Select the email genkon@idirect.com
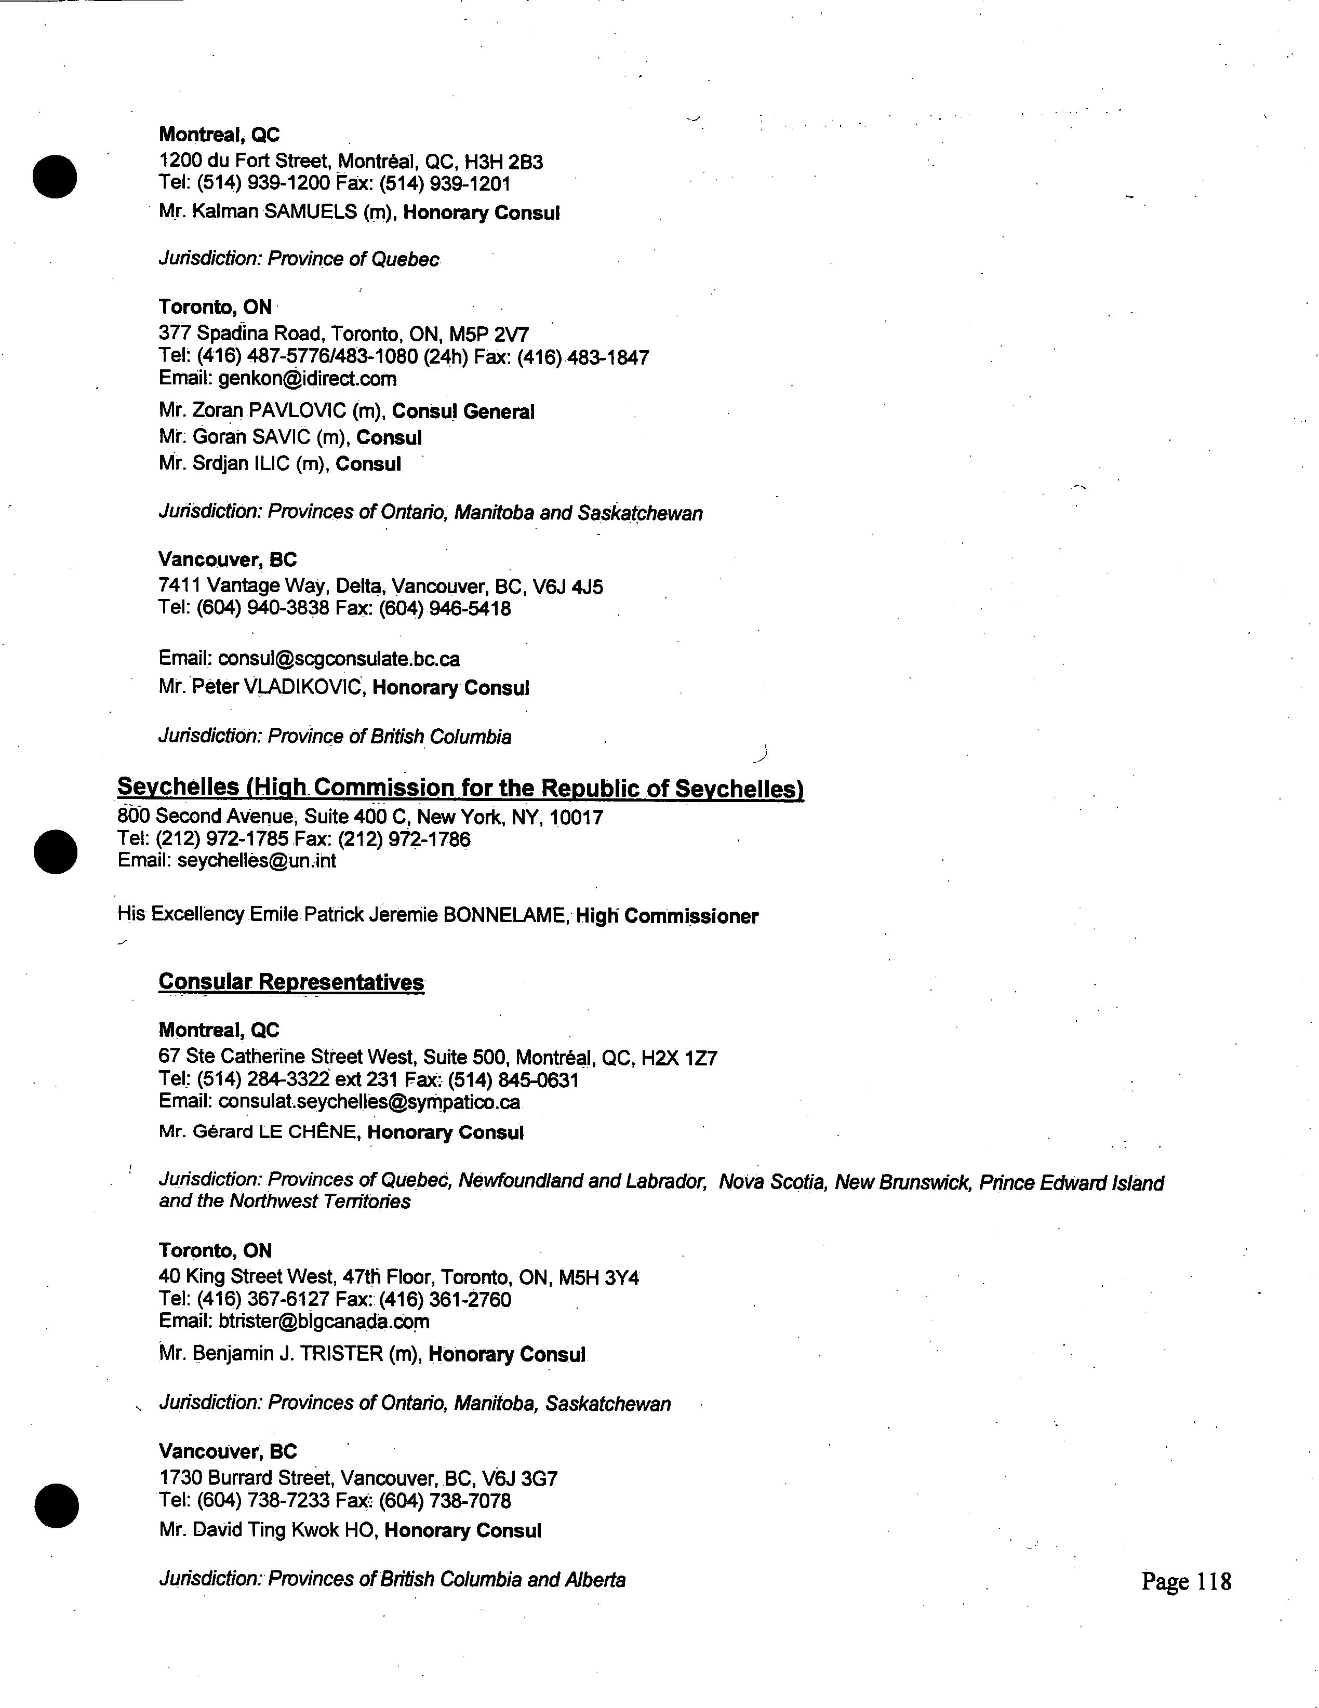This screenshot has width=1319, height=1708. (308, 379)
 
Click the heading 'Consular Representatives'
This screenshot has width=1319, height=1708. (291, 982)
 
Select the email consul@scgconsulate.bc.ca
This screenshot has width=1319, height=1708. (339, 659)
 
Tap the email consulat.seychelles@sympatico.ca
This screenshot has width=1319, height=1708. (369, 1102)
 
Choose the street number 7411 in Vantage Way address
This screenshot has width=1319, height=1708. (180, 586)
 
